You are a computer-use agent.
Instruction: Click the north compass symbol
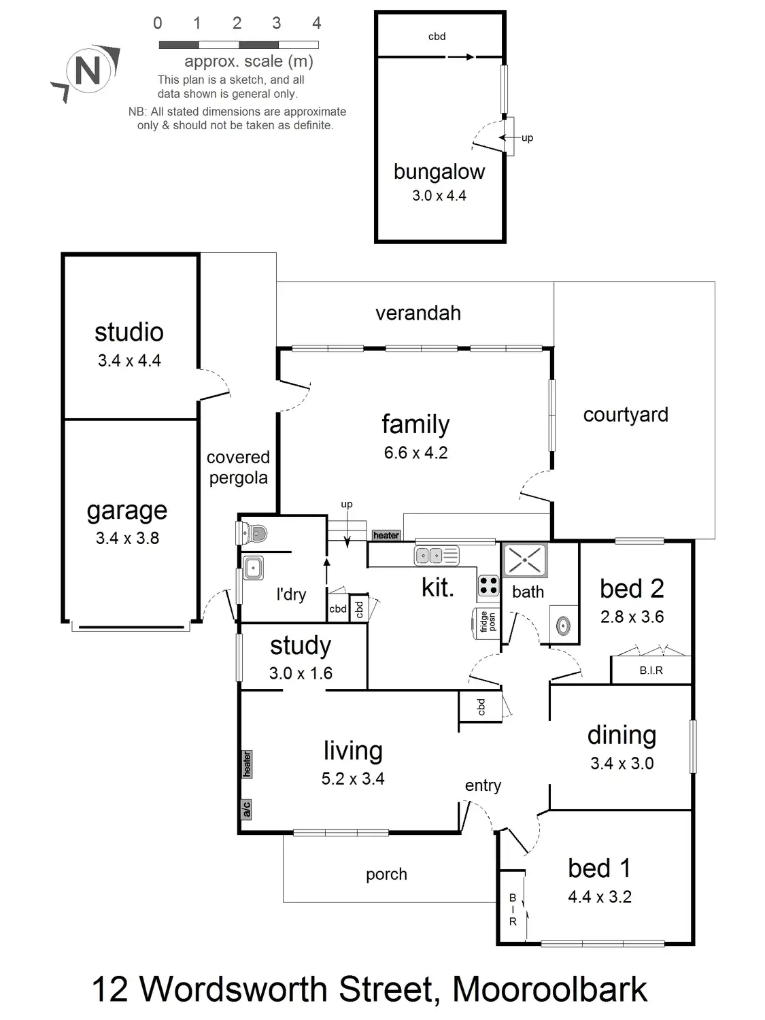87,71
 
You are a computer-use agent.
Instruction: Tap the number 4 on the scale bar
316,23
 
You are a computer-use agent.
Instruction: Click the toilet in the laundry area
252,532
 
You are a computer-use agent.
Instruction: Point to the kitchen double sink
436,556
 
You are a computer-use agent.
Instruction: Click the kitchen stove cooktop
488,585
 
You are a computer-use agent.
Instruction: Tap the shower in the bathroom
524,560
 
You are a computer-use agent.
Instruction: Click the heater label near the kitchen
386,535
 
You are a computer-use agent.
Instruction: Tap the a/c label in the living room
246,809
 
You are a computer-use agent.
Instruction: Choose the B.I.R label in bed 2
651,670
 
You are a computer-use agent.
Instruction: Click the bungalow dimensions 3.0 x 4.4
439,196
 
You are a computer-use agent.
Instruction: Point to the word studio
129,332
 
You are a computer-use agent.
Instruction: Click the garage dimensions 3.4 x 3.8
127,538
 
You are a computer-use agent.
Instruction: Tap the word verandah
418,313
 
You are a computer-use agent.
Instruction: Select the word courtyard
626,415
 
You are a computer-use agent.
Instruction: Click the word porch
386,874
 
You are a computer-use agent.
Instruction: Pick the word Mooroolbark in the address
549,989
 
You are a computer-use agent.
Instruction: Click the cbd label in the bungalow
437,37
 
